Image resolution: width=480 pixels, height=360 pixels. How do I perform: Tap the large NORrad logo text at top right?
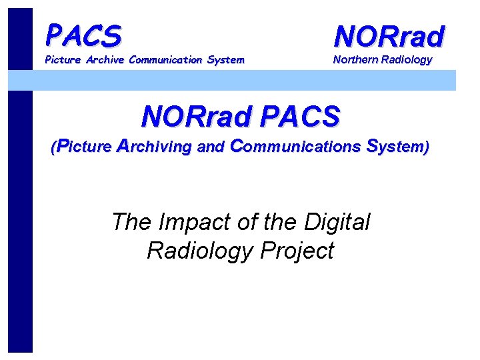[389, 36]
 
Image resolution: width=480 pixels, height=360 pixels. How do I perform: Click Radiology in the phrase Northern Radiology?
[407, 59]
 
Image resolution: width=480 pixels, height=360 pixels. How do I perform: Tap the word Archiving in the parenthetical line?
[155, 147]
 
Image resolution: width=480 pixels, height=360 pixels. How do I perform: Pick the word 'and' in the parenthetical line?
[211, 147]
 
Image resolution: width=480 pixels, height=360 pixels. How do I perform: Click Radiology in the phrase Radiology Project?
[200, 251]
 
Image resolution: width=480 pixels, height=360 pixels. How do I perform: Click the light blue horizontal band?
[267, 80]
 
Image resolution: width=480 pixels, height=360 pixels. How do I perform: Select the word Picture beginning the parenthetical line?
[84, 147]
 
